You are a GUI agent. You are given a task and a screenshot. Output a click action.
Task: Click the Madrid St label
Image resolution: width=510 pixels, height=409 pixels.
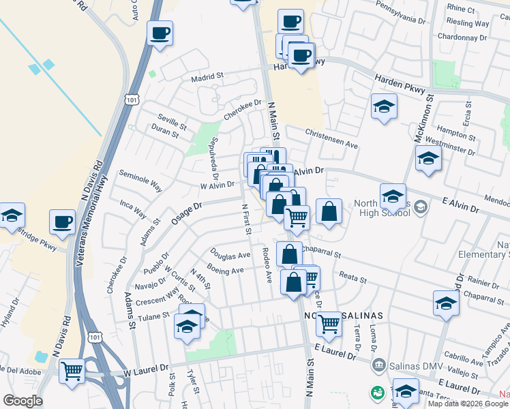coord(207,77)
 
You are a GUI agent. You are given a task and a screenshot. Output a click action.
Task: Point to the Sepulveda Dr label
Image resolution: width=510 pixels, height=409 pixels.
coord(213,153)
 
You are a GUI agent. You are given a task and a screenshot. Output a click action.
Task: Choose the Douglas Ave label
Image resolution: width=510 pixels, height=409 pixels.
coord(230,256)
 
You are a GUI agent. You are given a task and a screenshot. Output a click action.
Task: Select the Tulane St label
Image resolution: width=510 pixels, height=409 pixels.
coord(153,316)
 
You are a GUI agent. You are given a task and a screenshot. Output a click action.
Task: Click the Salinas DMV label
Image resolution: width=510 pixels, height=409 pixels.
coord(409,366)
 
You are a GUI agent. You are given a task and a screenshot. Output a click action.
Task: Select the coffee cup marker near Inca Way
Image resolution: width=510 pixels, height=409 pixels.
coord(63,222)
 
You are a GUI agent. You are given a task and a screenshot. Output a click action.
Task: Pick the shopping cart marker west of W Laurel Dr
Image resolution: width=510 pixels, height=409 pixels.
coord(72,372)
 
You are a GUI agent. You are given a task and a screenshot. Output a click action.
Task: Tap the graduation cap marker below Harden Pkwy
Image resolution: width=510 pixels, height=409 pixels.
coord(384,107)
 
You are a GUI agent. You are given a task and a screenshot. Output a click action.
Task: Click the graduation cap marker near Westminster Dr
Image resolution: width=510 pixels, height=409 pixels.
coord(428,159)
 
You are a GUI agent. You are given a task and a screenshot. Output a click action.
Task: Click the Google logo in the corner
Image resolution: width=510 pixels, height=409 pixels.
coord(22,401)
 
